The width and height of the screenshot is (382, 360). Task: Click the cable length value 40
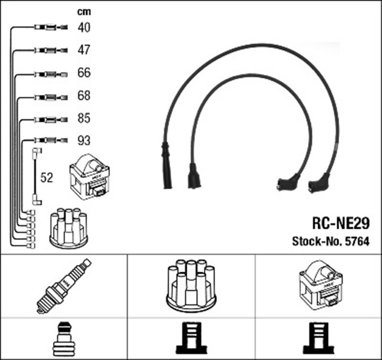click(84, 27)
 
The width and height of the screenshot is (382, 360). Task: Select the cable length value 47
click(84, 50)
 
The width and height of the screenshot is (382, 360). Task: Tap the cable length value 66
click(84, 73)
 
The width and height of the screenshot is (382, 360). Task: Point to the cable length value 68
click(84, 96)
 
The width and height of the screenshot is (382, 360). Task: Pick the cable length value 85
click(84, 118)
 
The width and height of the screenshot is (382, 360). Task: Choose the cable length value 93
click(84, 141)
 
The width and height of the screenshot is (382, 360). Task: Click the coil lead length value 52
click(47, 177)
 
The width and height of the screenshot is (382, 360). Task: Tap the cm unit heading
click(84, 11)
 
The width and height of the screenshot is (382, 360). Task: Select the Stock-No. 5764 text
click(330, 242)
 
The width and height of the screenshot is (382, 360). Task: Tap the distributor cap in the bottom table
click(192, 285)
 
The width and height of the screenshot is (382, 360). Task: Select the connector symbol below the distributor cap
click(191, 339)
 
